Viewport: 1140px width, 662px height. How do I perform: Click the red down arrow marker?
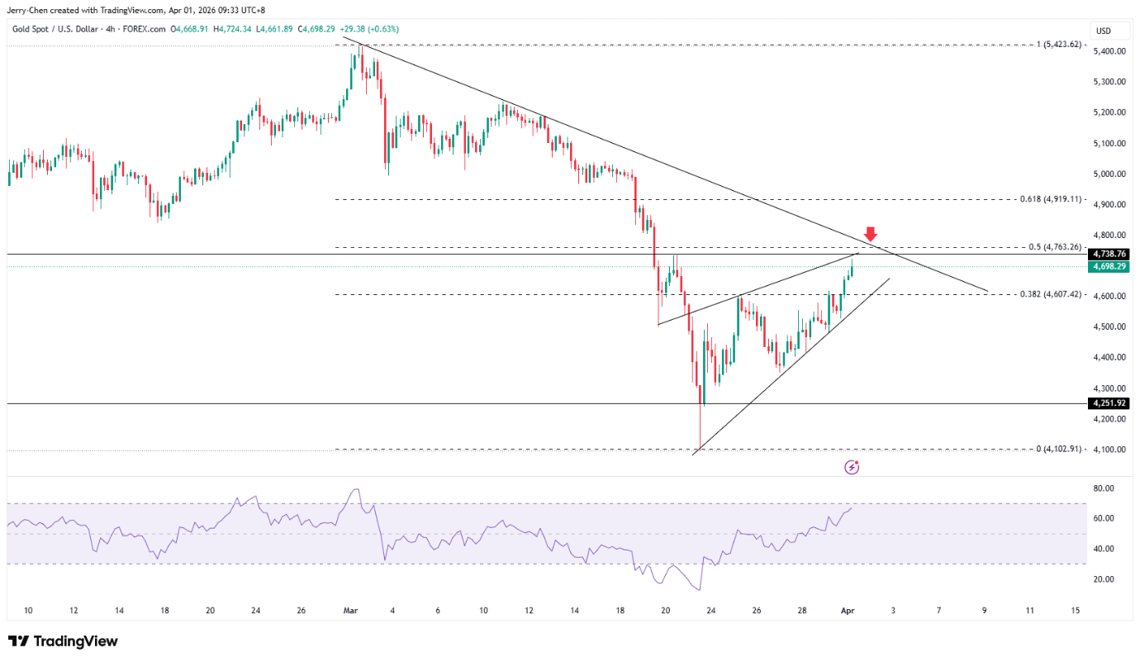[x=871, y=234]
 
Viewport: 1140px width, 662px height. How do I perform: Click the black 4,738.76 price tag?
[x=1109, y=254]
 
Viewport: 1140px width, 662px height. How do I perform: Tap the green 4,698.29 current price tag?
[x=1109, y=266]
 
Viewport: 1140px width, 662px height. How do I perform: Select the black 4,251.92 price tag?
[x=1109, y=403]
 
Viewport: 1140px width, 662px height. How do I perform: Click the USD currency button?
[x=1103, y=31]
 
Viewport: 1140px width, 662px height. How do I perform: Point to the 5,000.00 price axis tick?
[x=1109, y=174]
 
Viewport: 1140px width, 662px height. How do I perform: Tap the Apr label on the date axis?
[x=847, y=610]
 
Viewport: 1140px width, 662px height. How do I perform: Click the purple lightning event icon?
[x=852, y=468]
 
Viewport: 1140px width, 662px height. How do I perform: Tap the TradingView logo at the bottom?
[x=63, y=641]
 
